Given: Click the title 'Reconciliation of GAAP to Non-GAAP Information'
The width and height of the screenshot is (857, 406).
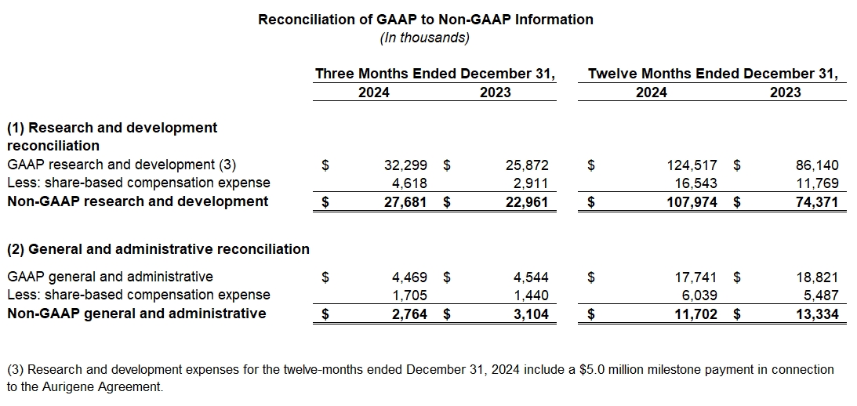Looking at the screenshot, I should tap(426, 19).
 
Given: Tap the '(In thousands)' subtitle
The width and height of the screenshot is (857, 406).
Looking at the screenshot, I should tap(425, 38).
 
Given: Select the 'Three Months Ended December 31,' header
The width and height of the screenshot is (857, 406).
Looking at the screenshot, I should tap(435, 74).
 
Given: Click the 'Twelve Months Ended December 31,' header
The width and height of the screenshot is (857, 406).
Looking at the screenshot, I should tap(713, 74).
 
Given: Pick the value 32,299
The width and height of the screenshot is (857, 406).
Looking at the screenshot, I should tap(409, 165).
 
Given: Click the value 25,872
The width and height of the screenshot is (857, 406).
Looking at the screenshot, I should tap(527, 165).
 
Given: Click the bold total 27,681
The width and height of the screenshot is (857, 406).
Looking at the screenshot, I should tap(409, 201).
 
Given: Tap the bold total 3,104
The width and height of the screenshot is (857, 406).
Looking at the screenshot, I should tap(530, 314).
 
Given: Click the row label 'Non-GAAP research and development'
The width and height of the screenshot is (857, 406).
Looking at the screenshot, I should tap(137, 201).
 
